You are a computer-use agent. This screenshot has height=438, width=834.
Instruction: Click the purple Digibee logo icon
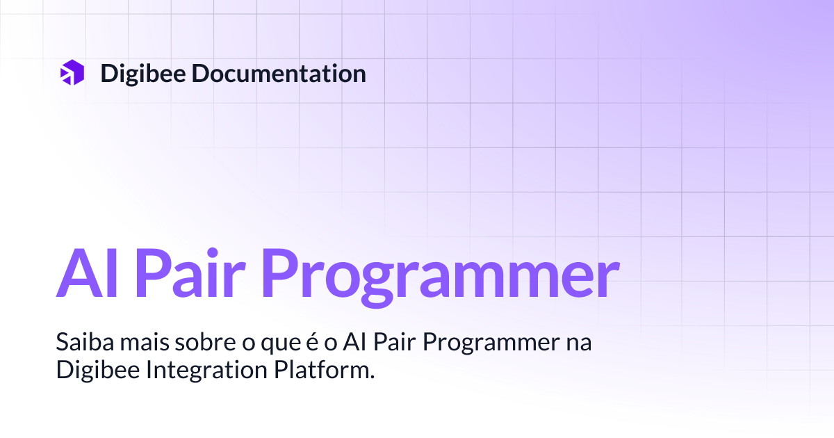point(72,73)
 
